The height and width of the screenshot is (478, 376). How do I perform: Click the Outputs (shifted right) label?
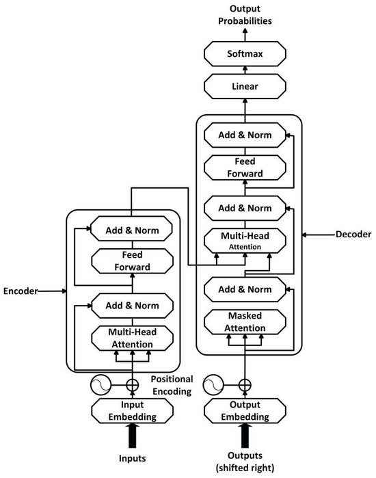[x=244, y=462]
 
